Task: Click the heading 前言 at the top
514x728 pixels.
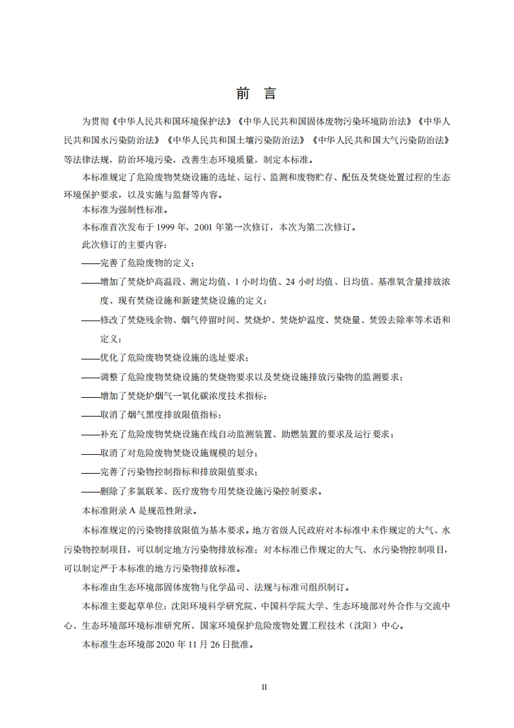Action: tap(257, 93)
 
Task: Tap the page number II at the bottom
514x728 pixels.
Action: tap(264, 687)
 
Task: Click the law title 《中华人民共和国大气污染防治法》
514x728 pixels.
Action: tap(380, 140)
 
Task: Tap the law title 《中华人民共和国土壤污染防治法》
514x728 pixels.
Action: tap(237, 140)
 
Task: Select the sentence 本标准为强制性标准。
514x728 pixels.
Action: tap(123, 210)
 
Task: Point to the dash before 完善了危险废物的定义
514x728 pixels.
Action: tap(91, 263)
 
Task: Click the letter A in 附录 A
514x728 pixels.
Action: tap(143, 510)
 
